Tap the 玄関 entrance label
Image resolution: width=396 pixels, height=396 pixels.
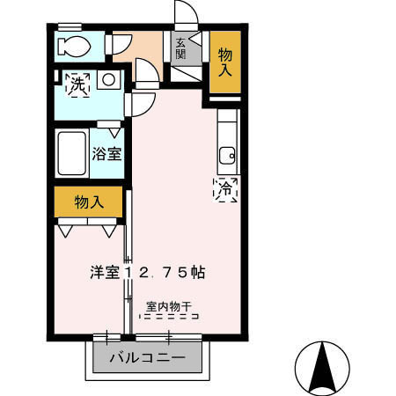pos(180,48)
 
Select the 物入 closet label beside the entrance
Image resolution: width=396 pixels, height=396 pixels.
pos(224,62)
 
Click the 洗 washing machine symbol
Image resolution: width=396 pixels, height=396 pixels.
pos(78,85)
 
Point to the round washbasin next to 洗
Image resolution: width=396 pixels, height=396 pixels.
pos(109,81)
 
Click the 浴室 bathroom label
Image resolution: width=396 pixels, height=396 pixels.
pos(106,153)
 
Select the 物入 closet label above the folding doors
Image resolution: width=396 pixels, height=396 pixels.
pos(89,202)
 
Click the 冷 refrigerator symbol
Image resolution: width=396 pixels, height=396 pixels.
pos(225,187)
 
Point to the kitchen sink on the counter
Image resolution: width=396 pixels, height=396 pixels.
pos(227,157)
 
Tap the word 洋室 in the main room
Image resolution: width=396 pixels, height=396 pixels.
pos(104,273)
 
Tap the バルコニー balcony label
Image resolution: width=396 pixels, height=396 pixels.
pos(147,358)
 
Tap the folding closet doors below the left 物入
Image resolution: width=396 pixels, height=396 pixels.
pos(89,230)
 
